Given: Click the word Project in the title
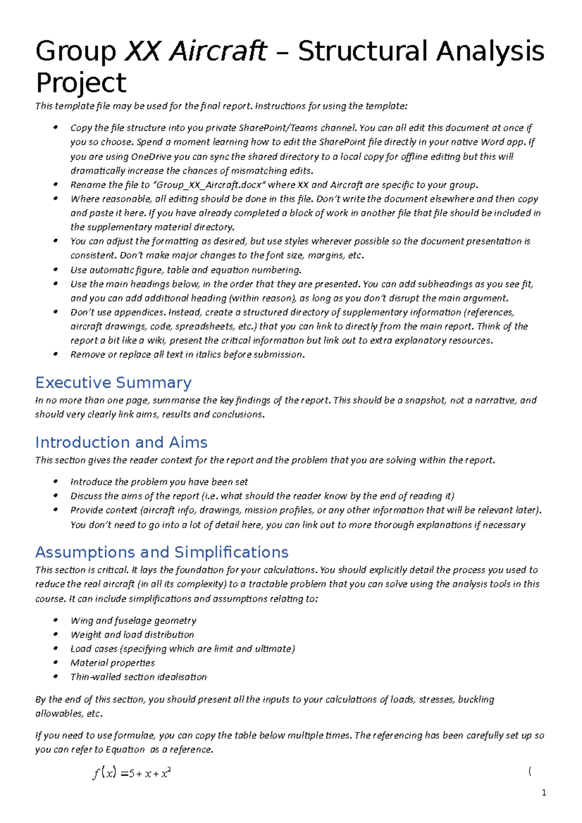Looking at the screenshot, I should (x=81, y=83).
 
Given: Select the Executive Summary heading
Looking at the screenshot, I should (x=113, y=382).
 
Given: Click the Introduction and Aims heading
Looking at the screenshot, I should (x=121, y=442).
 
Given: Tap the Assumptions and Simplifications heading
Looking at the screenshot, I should (x=162, y=552).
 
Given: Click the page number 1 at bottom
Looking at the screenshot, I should (x=544, y=793).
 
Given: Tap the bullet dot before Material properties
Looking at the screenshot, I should (x=56, y=663).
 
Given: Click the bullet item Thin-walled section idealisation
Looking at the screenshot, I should (x=139, y=677).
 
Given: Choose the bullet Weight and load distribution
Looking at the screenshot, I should (x=132, y=634).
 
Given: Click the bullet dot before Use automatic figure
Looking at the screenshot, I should (x=56, y=270).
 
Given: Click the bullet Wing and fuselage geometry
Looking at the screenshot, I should (x=133, y=620).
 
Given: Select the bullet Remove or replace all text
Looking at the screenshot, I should (x=187, y=354).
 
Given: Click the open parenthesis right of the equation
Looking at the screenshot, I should (x=530, y=771).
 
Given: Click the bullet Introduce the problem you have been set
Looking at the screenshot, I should (x=159, y=482).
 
